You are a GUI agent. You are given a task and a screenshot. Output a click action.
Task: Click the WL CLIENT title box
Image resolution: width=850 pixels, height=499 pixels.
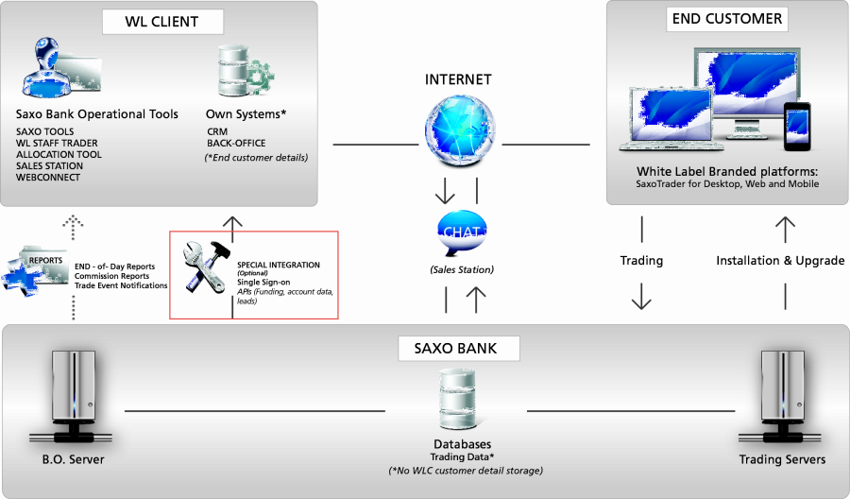click(161, 22)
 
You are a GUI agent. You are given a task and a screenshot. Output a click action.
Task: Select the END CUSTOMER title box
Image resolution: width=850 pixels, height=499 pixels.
click(726, 18)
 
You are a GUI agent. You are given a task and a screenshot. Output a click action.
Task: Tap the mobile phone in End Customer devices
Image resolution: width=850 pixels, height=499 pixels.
click(798, 123)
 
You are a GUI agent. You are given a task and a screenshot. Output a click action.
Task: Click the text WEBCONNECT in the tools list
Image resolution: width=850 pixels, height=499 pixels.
click(48, 178)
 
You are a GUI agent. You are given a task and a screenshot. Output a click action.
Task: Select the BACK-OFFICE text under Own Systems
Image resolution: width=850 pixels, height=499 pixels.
click(236, 144)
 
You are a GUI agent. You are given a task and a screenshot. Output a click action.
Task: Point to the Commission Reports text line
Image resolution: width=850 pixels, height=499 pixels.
click(111, 276)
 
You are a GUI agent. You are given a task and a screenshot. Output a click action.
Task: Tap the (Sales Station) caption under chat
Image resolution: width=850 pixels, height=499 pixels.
click(462, 270)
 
